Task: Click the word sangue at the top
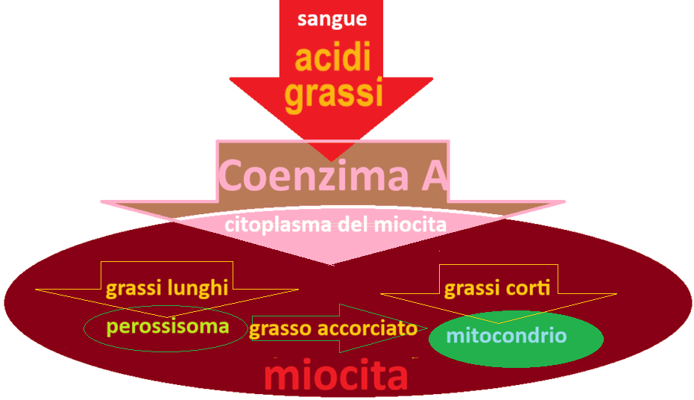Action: tap(332, 19)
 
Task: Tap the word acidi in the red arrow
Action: tap(332, 58)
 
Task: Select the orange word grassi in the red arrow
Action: tap(333, 96)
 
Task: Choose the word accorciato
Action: tap(367, 328)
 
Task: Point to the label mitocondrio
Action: tap(506, 335)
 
